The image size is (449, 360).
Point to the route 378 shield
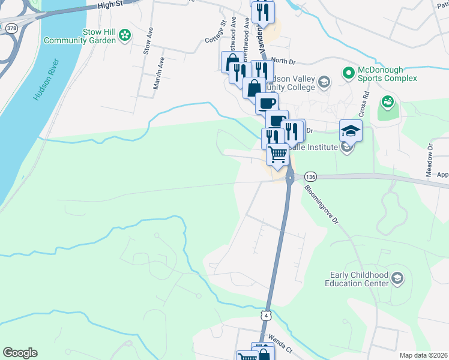click(11, 28)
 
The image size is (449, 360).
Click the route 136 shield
click(310, 177)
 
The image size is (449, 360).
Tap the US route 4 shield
click(266, 316)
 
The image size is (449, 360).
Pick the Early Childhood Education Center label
click(359, 279)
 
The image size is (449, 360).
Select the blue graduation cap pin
click(351, 130)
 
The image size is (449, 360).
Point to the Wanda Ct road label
click(280, 344)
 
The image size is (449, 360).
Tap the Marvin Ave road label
click(158, 73)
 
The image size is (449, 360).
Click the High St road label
click(110, 5)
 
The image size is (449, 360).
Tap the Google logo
click(20, 353)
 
